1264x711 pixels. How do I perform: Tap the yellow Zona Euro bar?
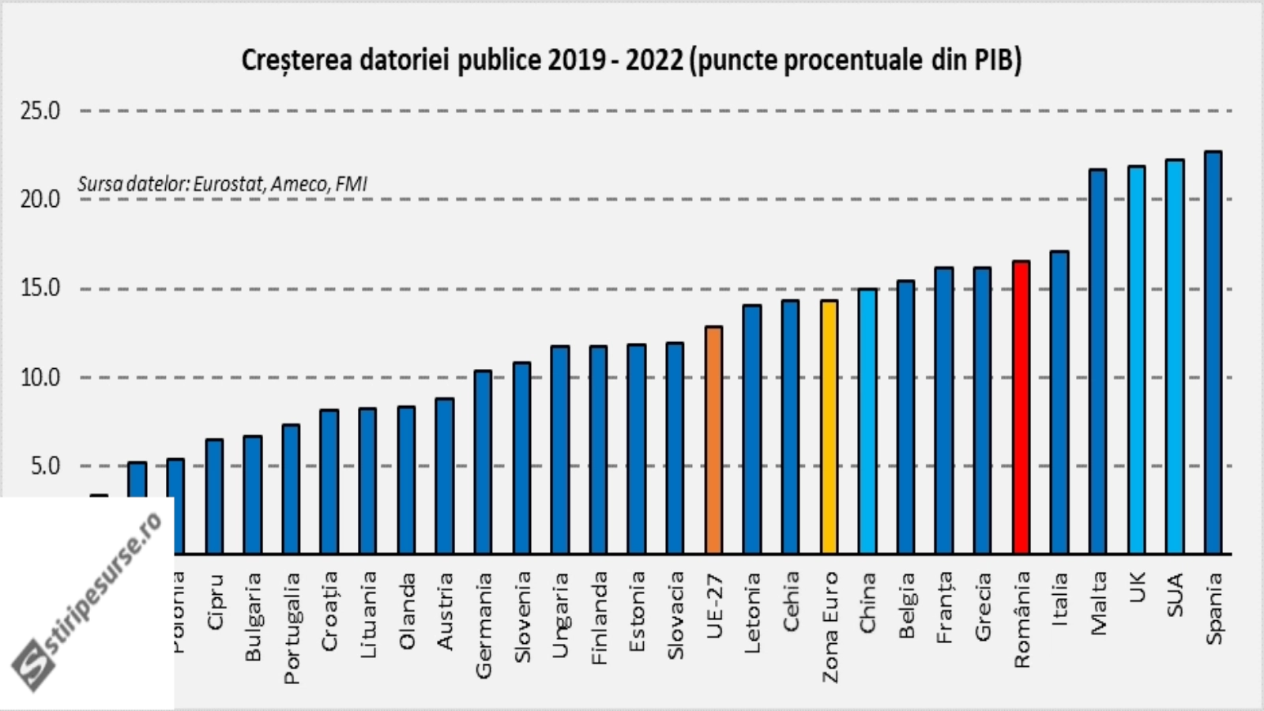point(829,427)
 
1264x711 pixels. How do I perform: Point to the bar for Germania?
point(483,462)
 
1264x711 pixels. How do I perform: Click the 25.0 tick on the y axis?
point(40,111)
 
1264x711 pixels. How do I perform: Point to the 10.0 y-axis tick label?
point(40,378)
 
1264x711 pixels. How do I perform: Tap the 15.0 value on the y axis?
point(40,288)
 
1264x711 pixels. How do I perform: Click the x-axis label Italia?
point(1060,600)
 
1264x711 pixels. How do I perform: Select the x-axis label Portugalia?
point(292,628)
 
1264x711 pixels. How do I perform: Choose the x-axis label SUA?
point(1176,596)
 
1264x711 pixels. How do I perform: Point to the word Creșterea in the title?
point(296,61)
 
